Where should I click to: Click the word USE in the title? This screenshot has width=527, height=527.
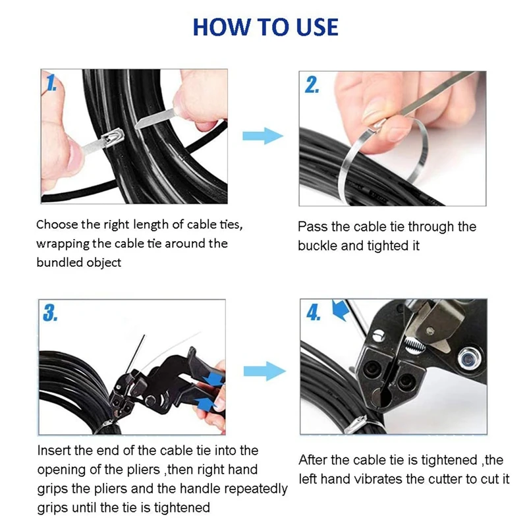[x=317, y=27]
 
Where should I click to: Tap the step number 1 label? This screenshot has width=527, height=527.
[x=51, y=83]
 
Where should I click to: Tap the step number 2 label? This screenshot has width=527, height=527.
[x=312, y=85]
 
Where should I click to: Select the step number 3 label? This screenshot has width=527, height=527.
[x=50, y=314]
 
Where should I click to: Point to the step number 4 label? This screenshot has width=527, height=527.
[x=314, y=314]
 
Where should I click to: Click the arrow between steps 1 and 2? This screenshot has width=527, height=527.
[x=263, y=136]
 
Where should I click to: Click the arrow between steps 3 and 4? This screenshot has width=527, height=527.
[x=265, y=371]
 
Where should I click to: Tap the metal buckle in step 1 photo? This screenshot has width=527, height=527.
[x=113, y=138]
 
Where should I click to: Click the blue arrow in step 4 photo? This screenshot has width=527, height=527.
[x=341, y=310]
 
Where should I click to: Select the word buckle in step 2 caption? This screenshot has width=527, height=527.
[x=318, y=246]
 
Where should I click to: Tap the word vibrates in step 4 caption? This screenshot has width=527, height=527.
[x=377, y=479]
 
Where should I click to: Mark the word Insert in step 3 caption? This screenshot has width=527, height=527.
[x=54, y=451]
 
